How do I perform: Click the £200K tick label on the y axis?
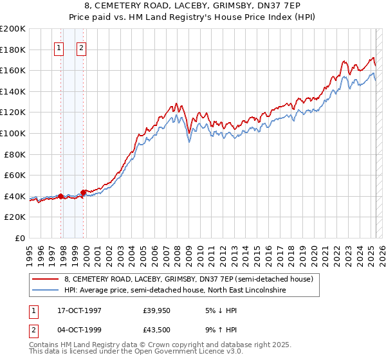tap(13, 29)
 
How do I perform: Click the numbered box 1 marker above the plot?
tap(59, 47)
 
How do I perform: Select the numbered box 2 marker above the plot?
tap(82, 47)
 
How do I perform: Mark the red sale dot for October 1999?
tap(84, 192)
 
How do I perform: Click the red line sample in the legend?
tap(46, 279)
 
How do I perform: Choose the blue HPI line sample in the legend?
tap(46, 291)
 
